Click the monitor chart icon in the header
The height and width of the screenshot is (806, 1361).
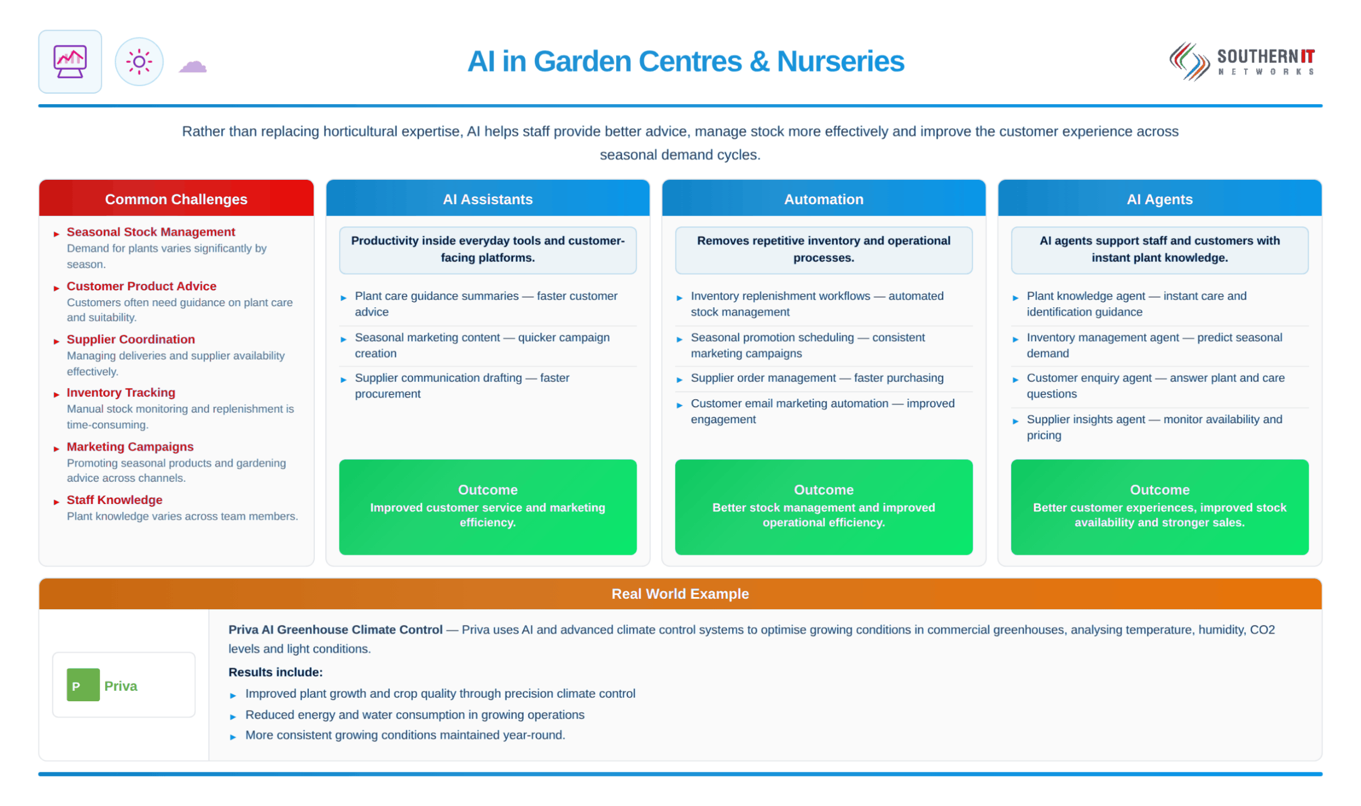[x=70, y=61]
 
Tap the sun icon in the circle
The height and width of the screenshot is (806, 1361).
[x=139, y=62]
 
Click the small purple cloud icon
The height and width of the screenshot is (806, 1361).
[x=193, y=66]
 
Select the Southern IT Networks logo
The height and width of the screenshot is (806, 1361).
[x=1242, y=62]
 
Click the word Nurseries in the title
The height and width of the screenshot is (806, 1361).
[x=840, y=61]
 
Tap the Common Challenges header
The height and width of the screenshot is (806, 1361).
[x=176, y=199]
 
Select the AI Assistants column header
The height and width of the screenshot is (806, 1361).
[x=488, y=199]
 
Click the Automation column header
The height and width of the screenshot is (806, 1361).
[x=823, y=199]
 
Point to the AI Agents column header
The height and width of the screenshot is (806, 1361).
[x=1159, y=199]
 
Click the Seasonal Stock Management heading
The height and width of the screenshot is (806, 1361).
[x=151, y=232]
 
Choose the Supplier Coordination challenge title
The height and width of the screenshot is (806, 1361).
[x=131, y=339]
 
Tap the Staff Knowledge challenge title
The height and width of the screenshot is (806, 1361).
[x=115, y=500]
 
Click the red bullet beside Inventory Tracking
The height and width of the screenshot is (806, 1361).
[x=56, y=395]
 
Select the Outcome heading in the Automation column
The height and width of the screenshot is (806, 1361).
[x=823, y=489]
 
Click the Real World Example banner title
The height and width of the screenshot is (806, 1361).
[x=680, y=594]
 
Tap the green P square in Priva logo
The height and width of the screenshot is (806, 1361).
[x=83, y=685]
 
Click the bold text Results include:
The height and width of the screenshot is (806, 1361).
[x=275, y=672]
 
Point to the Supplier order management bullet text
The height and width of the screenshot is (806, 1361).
[x=817, y=378]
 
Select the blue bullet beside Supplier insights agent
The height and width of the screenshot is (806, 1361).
[x=1015, y=421]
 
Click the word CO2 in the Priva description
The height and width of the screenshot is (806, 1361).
[x=1262, y=630]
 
